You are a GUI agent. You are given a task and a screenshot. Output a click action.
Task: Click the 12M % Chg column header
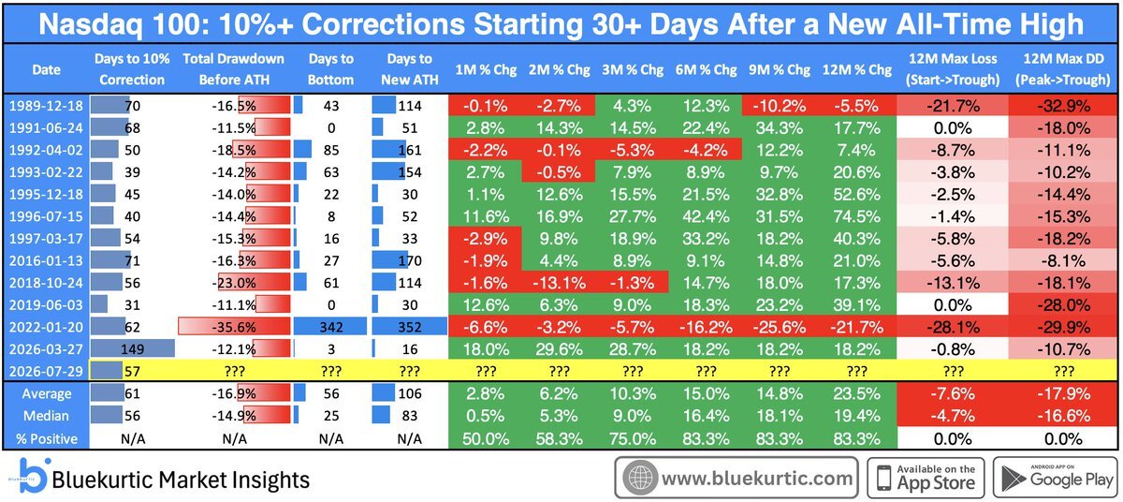[x=857, y=69]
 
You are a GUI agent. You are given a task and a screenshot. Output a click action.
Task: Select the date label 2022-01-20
[x=46, y=327]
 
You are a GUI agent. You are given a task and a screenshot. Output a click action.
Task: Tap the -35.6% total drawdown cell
[x=234, y=327]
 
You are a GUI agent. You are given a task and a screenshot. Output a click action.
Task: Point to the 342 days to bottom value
[x=331, y=327]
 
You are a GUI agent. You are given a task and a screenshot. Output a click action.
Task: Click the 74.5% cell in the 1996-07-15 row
[x=857, y=216]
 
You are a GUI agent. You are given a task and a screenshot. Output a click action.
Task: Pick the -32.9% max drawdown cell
[x=1063, y=106]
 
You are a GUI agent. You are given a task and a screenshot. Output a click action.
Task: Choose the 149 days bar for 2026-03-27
[x=132, y=349]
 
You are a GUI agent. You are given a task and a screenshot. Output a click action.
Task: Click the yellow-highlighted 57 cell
[x=132, y=371]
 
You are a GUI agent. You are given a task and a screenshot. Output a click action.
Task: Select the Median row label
[x=46, y=416]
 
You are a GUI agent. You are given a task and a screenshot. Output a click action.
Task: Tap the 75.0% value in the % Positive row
[x=633, y=439]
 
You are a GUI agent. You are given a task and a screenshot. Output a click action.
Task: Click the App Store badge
[x=926, y=478]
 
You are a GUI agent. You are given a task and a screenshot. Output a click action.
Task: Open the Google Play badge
[x=1056, y=478]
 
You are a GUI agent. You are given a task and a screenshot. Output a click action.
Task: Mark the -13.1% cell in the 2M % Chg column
[x=559, y=283]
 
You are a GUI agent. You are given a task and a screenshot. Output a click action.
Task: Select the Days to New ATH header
[x=410, y=69]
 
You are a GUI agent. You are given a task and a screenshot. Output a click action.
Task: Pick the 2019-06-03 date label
[x=46, y=305]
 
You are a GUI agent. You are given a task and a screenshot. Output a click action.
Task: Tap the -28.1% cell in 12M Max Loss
[x=953, y=327]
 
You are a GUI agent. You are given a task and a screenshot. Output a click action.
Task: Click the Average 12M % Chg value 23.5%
[x=857, y=393]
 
